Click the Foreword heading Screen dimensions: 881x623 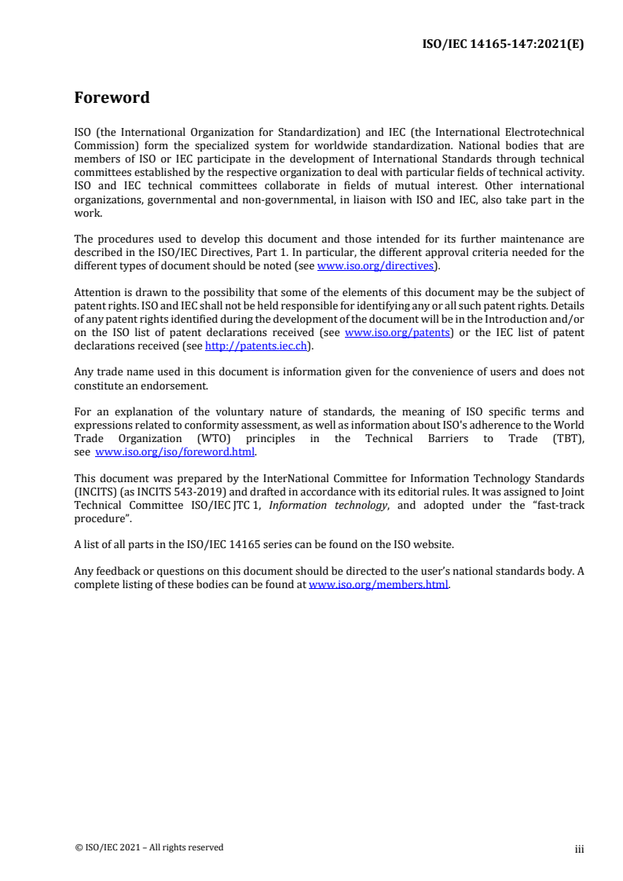(x=112, y=98)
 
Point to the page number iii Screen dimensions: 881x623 (x=579, y=848)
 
